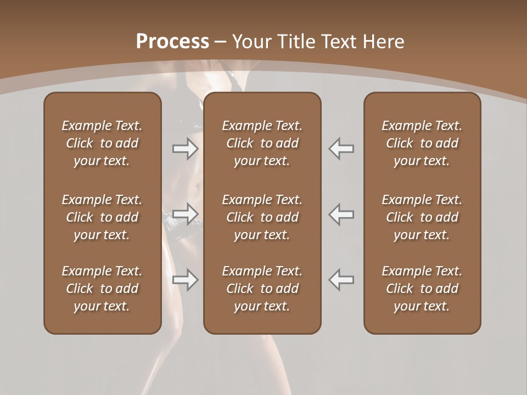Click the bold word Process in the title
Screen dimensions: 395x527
pyautogui.click(x=172, y=42)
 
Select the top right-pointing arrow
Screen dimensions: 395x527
pyautogui.click(x=185, y=149)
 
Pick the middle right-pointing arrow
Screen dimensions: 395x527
pyautogui.click(x=185, y=214)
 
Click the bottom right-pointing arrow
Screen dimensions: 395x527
pyautogui.click(x=185, y=280)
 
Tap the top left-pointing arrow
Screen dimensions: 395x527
pyautogui.click(x=341, y=149)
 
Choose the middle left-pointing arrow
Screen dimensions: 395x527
pyautogui.click(x=341, y=214)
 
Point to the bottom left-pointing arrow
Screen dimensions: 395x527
pyautogui.click(x=341, y=280)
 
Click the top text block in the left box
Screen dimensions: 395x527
pyautogui.click(x=102, y=143)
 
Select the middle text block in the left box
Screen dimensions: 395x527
pyautogui.click(x=102, y=217)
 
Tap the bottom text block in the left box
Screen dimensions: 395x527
pyautogui.click(x=102, y=289)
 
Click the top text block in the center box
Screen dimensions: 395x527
pyautogui.click(x=262, y=143)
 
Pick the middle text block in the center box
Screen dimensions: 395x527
pyautogui.click(x=262, y=217)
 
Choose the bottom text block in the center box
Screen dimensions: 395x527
pyautogui.click(x=262, y=289)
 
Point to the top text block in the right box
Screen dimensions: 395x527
pyautogui.click(x=422, y=143)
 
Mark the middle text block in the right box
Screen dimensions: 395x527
pyautogui.click(x=422, y=217)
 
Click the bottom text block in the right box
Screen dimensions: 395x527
pyautogui.click(x=422, y=289)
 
